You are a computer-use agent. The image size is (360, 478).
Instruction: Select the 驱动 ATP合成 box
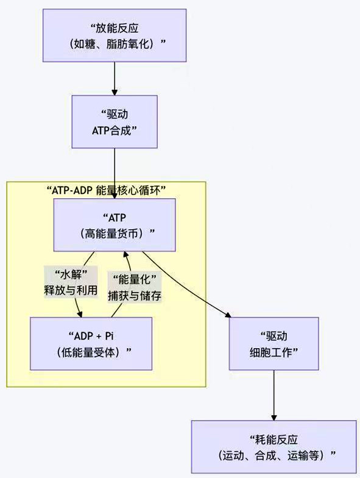click(x=115, y=121)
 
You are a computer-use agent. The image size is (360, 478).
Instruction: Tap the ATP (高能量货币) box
click(x=115, y=225)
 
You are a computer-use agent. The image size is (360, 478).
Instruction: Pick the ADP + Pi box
click(x=91, y=343)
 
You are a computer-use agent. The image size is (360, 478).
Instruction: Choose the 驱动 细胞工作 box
click(x=274, y=343)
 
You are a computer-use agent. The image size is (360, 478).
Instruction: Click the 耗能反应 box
click(x=274, y=447)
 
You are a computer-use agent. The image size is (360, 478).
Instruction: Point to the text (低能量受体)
click(x=91, y=352)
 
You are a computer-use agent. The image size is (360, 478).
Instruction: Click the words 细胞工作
click(x=274, y=352)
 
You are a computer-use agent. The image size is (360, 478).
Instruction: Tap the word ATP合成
click(x=115, y=130)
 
